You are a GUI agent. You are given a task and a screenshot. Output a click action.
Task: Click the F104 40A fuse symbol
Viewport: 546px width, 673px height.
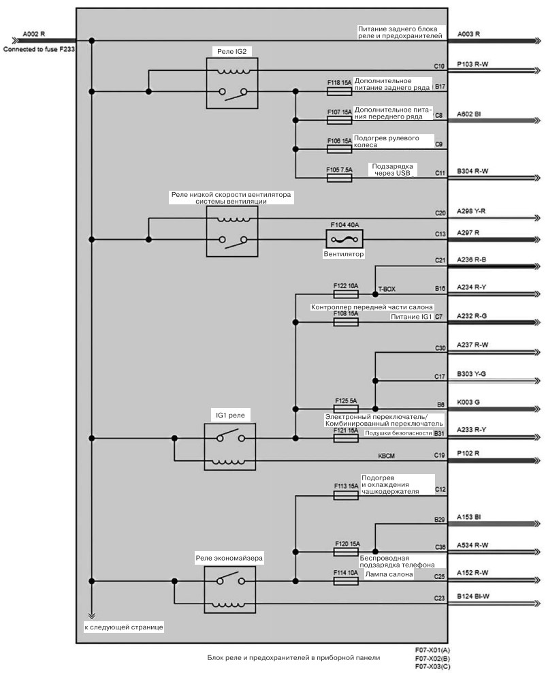click(x=344, y=239)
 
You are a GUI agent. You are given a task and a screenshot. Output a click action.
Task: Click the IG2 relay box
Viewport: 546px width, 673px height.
click(x=232, y=83)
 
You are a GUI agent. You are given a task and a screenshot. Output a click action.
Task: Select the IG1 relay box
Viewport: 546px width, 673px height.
click(x=230, y=447)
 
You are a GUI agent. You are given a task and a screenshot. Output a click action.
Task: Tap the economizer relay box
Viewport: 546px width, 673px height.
click(x=230, y=590)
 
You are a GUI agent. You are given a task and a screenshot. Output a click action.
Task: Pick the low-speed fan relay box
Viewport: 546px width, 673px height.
click(x=232, y=232)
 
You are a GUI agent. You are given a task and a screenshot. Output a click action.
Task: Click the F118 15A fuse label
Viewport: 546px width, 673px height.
click(x=339, y=82)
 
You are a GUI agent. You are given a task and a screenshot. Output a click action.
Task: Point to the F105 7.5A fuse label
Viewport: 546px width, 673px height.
click(x=339, y=170)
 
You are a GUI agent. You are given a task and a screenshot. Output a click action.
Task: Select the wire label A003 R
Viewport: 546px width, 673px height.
click(x=469, y=34)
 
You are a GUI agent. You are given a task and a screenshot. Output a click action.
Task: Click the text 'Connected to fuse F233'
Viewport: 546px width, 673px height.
click(x=39, y=49)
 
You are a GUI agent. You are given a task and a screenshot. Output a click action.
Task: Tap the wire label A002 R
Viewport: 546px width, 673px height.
click(x=34, y=34)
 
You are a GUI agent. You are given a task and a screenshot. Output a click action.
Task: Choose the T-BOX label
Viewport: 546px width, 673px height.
click(x=387, y=289)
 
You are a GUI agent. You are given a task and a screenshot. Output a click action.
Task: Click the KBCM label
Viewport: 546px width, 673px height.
click(x=387, y=456)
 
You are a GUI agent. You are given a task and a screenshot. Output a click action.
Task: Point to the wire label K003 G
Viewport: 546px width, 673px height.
click(x=468, y=402)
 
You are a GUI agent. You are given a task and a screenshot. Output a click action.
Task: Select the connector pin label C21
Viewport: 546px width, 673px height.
click(x=440, y=260)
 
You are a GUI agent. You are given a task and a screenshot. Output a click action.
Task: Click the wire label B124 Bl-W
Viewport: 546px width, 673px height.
click(x=473, y=596)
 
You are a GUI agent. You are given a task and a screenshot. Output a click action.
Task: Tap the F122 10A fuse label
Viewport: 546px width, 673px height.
click(x=346, y=286)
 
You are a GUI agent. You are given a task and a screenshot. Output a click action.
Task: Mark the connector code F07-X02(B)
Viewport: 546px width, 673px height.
click(x=433, y=659)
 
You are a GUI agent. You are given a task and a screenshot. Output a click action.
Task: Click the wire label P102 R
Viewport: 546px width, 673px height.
click(x=468, y=453)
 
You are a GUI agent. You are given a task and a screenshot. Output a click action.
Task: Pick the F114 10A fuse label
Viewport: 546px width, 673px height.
click(x=346, y=573)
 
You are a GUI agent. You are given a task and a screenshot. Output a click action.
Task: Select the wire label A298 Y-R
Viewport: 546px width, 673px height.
click(x=471, y=211)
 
